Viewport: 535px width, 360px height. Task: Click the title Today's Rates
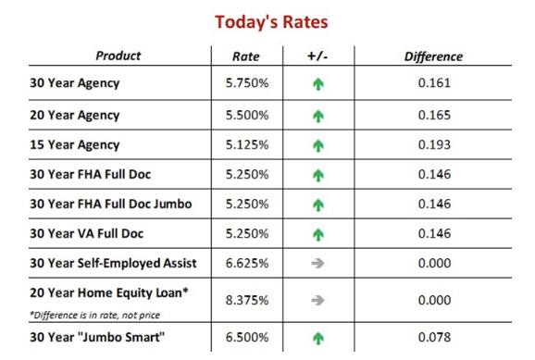pyautogui.click(x=271, y=22)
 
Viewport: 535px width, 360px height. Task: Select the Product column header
pyautogui.click(x=118, y=56)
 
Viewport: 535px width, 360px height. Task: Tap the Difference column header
pyautogui.click(x=434, y=56)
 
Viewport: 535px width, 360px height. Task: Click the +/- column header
pyautogui.click(x=317, y=56)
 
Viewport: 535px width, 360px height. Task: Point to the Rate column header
pyautogui.click(x=246, y=56)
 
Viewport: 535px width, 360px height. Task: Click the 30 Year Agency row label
pyautogui.click(x=75, y=83)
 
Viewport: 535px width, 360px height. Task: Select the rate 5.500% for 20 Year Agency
pyautogui.click(x=247, y=116)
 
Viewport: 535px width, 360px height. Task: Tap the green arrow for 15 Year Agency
pyautogui.click(x=318, y=145)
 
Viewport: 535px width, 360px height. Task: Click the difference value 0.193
pyautogui.click(x=434, y=144)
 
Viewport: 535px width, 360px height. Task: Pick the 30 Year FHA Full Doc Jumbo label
pyautogui.click(x=111, y=204)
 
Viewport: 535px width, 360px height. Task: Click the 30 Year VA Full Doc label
pyautogui.click(x=87, y=234)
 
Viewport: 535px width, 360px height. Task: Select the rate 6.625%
pyautogui.click(x=247, y=264)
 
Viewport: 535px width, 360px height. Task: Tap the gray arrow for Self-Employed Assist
pyautogui.click(x=317, y=264)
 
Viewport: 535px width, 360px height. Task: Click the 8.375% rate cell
pyautogui.click(x=247, y=300)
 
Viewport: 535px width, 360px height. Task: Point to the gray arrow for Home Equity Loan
pyautogui.click(x=317, y=300)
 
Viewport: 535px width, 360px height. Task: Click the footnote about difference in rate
pyautogui.click(x=94, y=315)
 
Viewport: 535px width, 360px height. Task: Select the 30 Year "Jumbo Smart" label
pyautogui.click(x=97, y=338)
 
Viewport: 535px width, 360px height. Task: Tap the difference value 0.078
pyautogui.click(x=434, y=338)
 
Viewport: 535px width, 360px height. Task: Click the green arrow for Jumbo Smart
pyautogui.click(x=318, y=339)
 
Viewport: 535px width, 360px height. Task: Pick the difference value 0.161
pyautogui.click(x=434, y=83)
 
